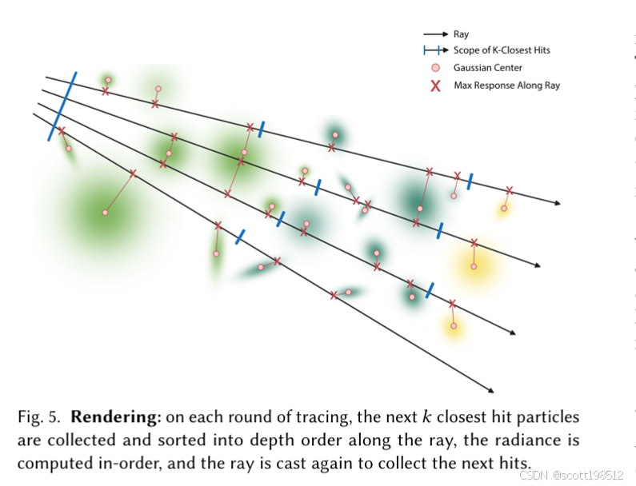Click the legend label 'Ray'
(461, 34)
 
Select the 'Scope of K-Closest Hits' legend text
(502, 50)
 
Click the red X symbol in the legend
(435, 85)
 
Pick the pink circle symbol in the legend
(435, 68)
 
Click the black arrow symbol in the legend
(435, 34)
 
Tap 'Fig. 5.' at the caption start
(39, 417)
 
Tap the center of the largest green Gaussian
(105, 212)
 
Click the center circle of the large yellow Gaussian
(474, 266)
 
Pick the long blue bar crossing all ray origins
(62, 106)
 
